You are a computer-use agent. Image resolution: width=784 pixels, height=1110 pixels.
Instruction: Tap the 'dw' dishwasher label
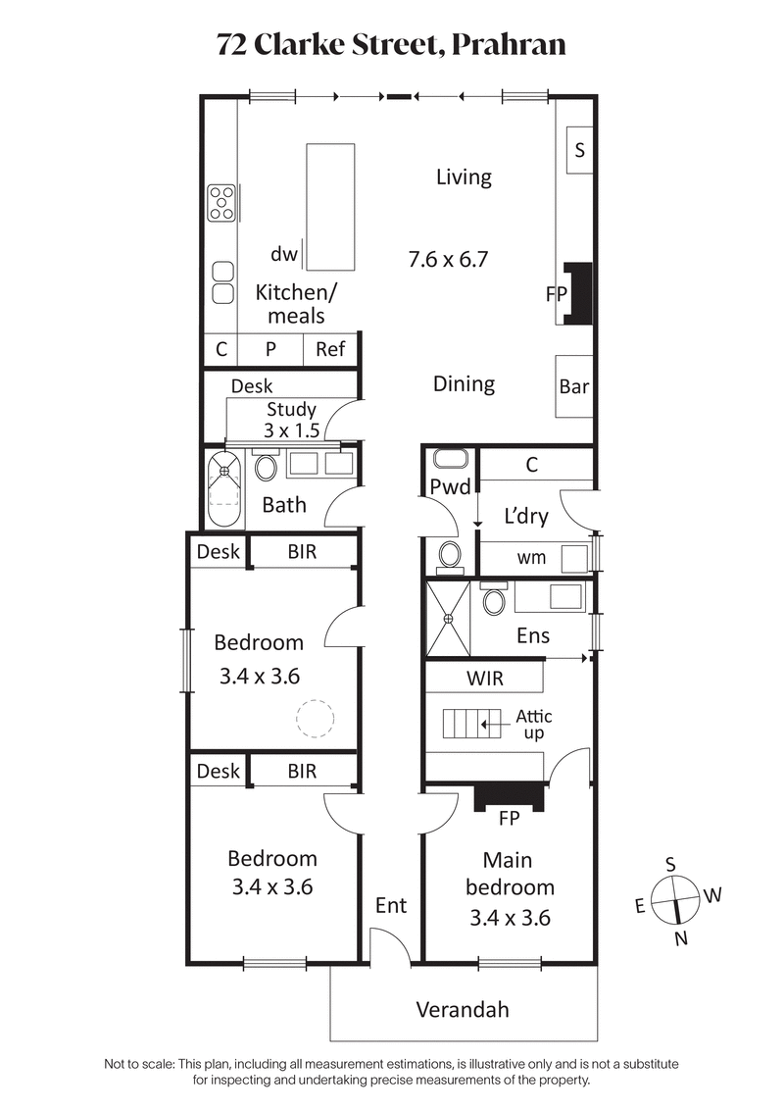point(284,255)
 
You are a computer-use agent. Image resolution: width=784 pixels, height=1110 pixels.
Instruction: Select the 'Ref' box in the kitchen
point(330,349)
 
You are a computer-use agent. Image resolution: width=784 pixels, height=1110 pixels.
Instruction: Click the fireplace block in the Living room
point(578,292)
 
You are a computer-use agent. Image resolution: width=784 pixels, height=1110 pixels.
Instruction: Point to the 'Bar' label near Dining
point(574,386)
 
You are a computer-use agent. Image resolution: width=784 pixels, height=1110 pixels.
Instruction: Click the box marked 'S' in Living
point(580,150)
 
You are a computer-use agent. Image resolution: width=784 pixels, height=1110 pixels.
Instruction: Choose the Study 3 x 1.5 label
point(290,421)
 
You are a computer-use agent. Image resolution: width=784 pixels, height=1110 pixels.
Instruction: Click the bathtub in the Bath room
point(224,487)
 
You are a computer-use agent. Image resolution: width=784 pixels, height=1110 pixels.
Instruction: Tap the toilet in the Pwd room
point(450,555)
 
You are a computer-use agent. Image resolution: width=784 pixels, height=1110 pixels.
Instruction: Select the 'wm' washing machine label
point(531,558)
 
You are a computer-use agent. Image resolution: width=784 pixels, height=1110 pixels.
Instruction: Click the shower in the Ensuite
point(448,618)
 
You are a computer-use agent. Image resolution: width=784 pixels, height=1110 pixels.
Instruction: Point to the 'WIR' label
point(484,678)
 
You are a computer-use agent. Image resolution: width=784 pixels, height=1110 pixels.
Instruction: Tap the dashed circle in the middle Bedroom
point(316,718)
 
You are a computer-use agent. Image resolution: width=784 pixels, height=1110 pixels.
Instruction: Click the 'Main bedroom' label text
point(510,874)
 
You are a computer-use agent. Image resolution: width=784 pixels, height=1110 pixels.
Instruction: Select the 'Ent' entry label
point(391,906)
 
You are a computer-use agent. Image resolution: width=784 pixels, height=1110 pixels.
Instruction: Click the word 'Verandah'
point(463,1009)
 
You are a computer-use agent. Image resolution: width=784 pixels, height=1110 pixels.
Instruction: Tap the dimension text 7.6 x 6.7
point(448,260)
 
